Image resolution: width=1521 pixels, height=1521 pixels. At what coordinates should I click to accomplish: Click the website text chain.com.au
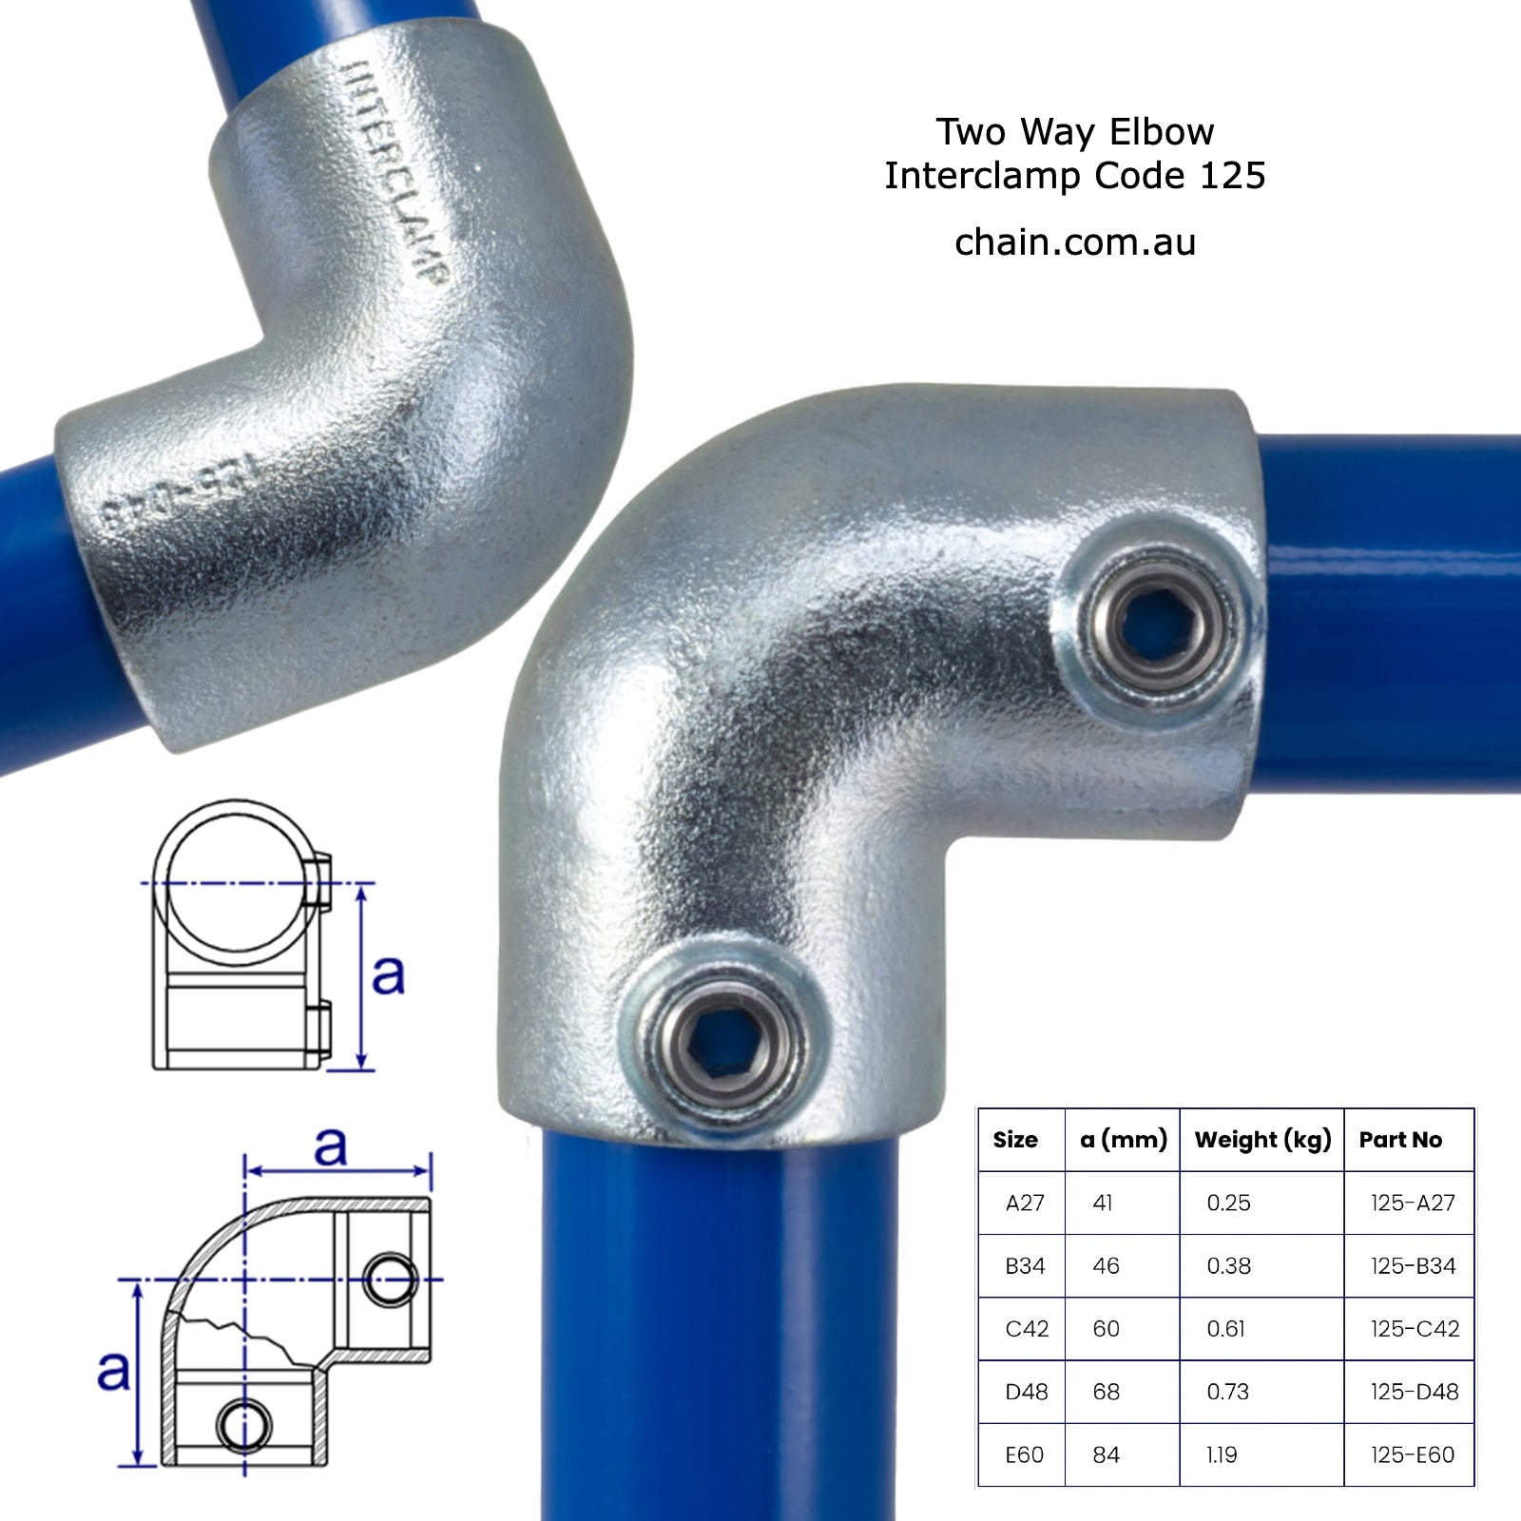tap(1074, 243)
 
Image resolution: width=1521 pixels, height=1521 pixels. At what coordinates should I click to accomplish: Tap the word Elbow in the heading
tap(1162, 132)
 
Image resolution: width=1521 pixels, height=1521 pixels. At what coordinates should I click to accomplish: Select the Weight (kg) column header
tap(1261, 1140)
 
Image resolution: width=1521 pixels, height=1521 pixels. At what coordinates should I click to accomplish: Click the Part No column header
tap(1400, 1140)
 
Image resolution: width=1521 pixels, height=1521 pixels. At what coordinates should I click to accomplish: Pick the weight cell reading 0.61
tap(1225, 1329)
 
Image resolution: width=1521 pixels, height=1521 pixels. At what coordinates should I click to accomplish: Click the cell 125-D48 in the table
tap(1414, 1392)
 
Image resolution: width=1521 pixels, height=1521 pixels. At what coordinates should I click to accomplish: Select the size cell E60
tap(1024, 1454)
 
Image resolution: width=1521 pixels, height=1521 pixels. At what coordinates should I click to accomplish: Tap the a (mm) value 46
tap(1106, 1266)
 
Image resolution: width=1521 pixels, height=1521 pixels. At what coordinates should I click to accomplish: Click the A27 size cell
tap(1024, 1203)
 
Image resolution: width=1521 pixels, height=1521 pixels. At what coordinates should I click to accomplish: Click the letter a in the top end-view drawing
tap(388, 973)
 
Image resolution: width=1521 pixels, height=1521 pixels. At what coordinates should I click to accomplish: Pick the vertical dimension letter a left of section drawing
tap(113, 1370)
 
